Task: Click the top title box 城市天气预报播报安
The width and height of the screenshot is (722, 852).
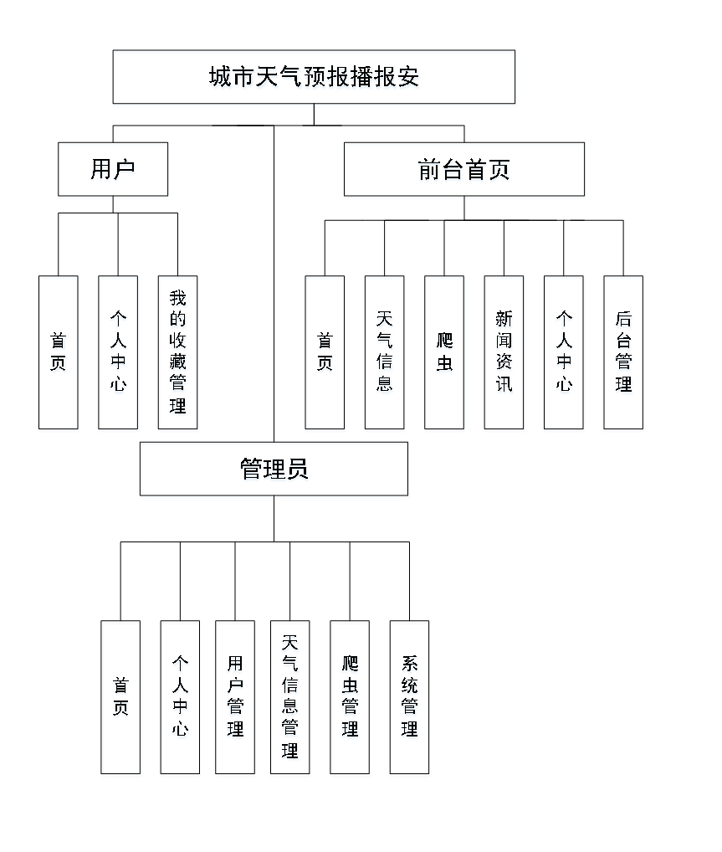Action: click(x=315, y=79)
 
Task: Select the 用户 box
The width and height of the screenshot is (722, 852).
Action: click(x=113, y=171)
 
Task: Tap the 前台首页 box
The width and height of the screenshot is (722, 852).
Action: click(x=464, y=171)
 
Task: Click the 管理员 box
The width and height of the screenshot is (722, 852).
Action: click(x=274, y=470)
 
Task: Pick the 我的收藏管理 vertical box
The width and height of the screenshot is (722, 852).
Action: click(x=178, y=354)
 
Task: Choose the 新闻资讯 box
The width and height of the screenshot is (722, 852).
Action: click(x=504, y=354)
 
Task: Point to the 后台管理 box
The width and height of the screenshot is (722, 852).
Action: click(x=623, y=354)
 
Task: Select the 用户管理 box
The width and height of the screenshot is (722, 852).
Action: click(x=235, y=699)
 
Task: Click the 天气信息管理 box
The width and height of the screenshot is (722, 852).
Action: click(x=290, y=699)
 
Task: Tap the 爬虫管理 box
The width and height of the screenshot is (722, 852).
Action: click(x=351, y=699)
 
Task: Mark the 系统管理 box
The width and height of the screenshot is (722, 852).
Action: click(x=410, y=699)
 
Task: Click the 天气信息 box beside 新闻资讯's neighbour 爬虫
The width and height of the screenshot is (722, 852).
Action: click(x=385, y=354)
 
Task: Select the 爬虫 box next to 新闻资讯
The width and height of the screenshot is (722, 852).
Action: click(x=444, y=354)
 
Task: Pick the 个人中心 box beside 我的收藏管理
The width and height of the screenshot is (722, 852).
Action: click(x=119, y=354)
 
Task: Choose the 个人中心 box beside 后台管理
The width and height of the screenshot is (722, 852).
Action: click(x=564, y=354)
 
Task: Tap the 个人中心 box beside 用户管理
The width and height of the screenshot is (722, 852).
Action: click(x=180, y=699)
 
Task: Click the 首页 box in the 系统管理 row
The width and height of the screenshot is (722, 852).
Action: click(x=122, y=699)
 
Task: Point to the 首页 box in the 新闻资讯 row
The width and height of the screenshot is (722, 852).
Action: click(x=325, y=354)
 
